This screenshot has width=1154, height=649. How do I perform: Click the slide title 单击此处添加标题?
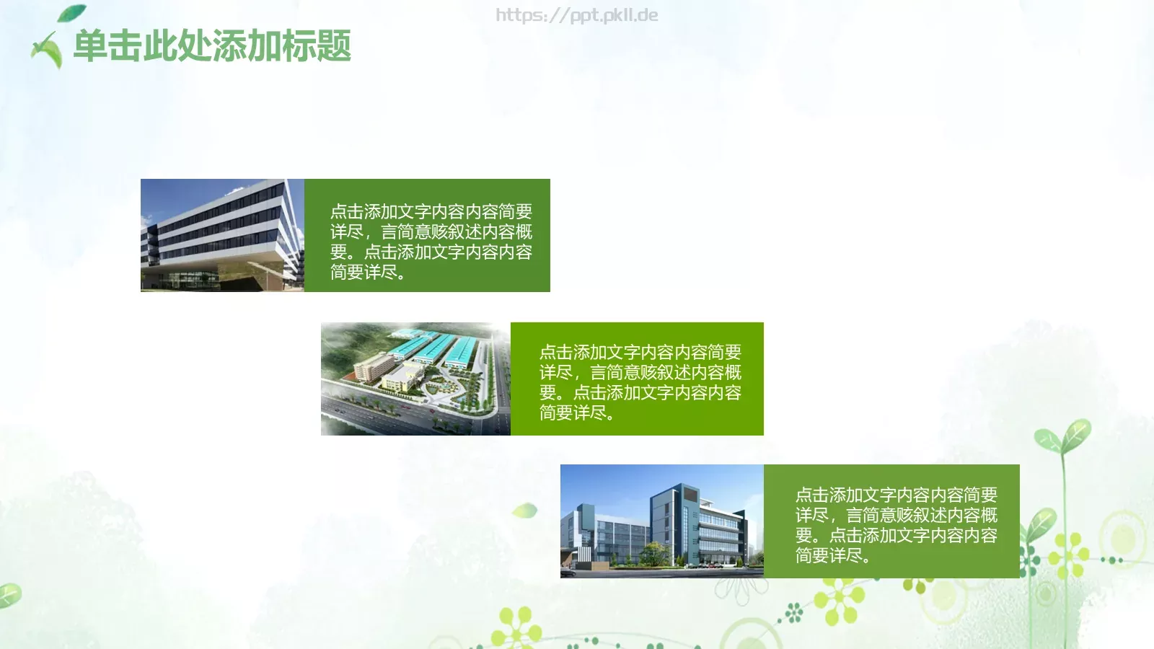212,46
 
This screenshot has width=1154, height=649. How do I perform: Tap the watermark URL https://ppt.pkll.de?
576,15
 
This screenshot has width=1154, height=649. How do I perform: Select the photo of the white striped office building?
222,235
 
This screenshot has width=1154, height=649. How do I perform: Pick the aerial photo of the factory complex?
415,379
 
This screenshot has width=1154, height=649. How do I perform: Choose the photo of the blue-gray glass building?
661,521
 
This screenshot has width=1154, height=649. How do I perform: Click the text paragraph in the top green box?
431,242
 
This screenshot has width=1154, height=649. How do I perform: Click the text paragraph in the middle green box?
640,382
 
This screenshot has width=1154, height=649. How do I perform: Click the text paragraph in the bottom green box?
896,525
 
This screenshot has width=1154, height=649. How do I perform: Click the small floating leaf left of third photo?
525,511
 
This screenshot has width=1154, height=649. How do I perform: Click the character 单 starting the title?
90,46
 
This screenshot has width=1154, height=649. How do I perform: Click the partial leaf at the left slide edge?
9,595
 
